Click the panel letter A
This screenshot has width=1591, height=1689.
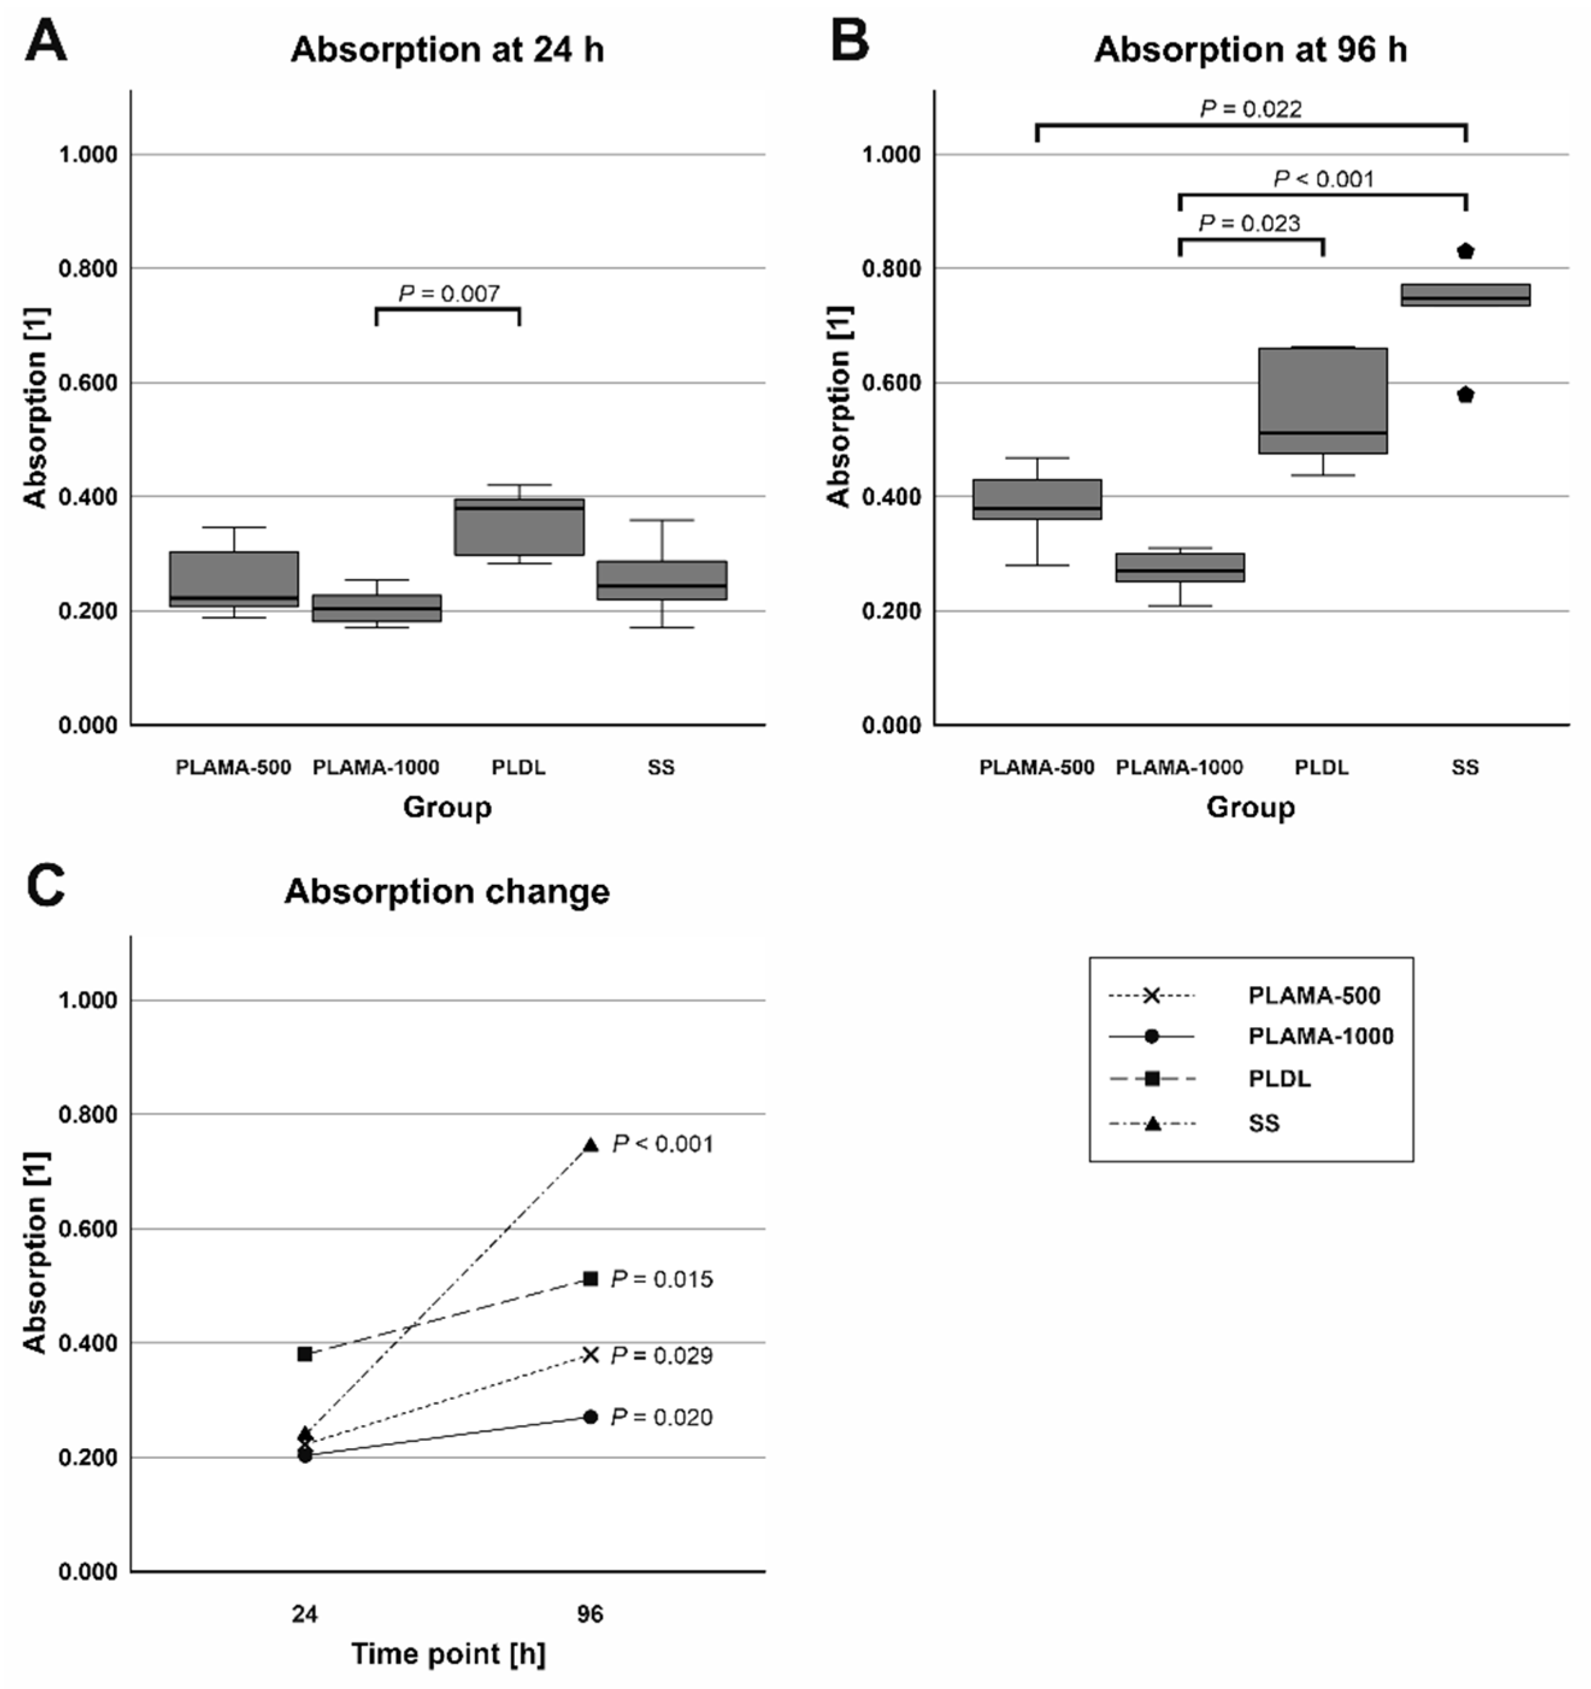[46, 43]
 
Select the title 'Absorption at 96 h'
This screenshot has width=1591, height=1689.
[1250, 50]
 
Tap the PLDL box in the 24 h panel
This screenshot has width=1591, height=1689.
[519, 526]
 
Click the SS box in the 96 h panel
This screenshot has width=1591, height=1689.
[1465, 295]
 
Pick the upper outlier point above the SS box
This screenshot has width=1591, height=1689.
[1465, 251]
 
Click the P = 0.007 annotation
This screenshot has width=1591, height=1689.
[449, 294]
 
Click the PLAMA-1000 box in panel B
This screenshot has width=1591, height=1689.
[1179, 567]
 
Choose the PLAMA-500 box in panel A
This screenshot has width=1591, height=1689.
[234, 579]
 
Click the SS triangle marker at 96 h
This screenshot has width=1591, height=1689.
[590, 1145]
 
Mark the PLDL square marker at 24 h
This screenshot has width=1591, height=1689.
[305, 1354]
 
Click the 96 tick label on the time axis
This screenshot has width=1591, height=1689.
[590, 1613]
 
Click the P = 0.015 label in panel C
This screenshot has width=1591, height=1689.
[662, 1279]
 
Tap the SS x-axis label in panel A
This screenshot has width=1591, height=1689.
[661, 768]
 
